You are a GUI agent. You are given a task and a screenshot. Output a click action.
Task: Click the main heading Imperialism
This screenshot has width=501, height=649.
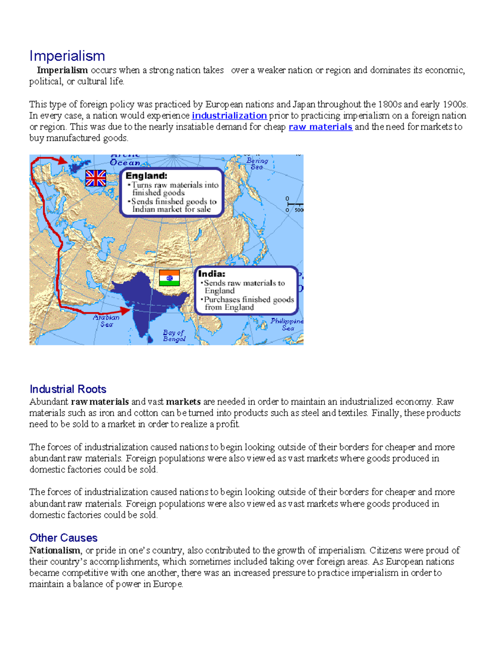[67, 56]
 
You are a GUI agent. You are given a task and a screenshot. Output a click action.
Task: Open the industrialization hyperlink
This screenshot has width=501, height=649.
[229, 116]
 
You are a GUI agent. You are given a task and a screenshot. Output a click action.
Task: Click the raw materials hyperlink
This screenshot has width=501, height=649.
[320, 127]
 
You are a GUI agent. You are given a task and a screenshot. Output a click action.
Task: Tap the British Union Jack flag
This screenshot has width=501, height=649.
[96, 178]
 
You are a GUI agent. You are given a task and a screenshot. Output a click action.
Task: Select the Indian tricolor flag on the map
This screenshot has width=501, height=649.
[170, 278]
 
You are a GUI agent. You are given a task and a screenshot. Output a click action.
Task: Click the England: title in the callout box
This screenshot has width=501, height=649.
[146, 176]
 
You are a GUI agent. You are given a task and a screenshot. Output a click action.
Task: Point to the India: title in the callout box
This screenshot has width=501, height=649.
[212, 274]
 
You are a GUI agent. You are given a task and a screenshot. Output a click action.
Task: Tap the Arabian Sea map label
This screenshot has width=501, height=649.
[106, 321]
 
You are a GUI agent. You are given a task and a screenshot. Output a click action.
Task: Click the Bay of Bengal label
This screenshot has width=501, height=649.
[174, 336]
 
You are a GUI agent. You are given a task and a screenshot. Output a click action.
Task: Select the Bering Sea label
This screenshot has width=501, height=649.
[257, 163]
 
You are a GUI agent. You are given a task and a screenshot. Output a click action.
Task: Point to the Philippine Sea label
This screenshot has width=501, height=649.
[287, 324]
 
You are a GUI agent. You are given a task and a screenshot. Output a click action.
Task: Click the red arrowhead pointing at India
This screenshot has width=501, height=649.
[126, 311]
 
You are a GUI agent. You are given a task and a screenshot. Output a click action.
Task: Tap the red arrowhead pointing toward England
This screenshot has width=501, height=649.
[63, 160]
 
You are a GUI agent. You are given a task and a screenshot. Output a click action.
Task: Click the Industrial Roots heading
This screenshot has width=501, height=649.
[68, 389]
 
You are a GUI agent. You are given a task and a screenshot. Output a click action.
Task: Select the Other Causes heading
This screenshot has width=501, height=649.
[63, 538]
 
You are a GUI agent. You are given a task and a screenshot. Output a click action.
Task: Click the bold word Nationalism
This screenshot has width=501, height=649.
[55, 550]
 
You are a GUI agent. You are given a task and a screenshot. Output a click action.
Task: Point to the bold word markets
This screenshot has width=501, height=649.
[183, 402]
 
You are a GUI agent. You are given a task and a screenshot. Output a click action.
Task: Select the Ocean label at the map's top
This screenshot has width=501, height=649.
[125, 163]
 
